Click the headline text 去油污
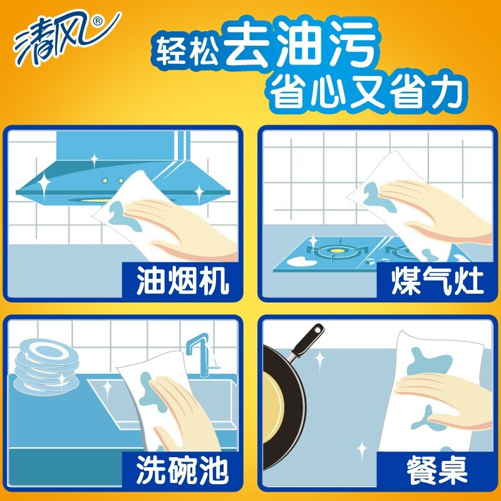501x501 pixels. tap(301, 44)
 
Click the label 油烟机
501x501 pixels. tap(182, 281)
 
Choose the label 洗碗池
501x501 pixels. tap(182, 470)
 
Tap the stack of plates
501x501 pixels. tap(46, 366)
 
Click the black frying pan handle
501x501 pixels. tap(307, 341)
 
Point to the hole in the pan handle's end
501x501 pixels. tap(318, 329)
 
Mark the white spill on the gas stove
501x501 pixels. tap(301, 262)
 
